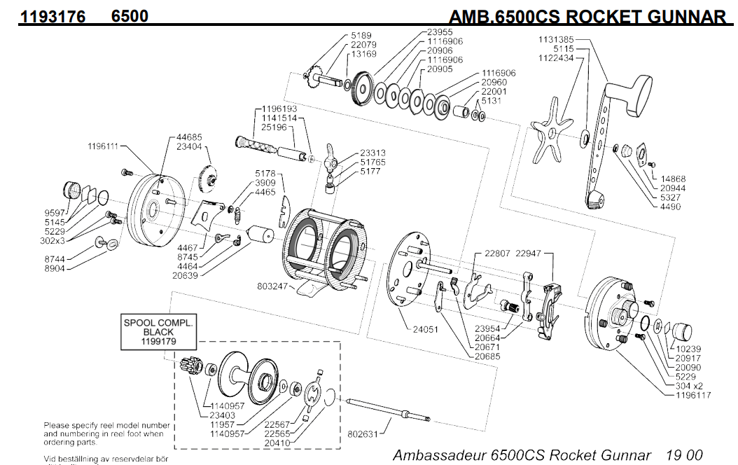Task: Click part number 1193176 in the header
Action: (x=53, y=15)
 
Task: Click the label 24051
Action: (x=425, y=328)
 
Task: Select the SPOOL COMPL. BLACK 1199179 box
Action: (x=159, y=331)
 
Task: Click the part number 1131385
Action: (x=556, y=40)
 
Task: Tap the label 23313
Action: (x=373, y=153)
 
